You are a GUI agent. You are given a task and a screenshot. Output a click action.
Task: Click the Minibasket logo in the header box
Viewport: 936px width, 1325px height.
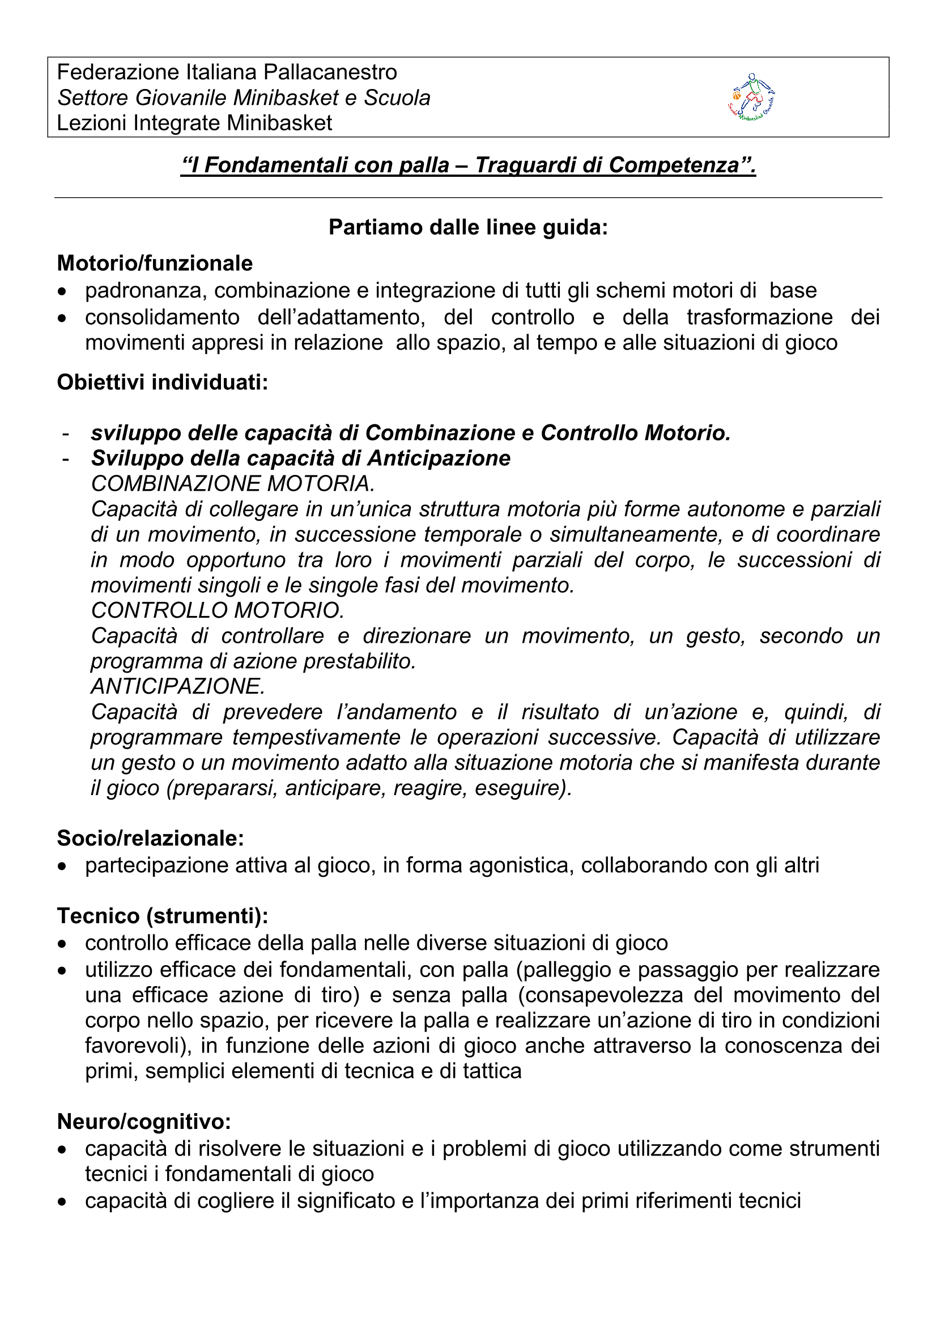tap(751, 97)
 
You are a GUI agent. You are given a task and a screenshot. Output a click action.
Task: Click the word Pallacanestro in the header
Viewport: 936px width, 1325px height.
tap(330, 72)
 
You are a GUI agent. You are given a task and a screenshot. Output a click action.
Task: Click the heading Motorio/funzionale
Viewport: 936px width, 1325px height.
tap(155, 263)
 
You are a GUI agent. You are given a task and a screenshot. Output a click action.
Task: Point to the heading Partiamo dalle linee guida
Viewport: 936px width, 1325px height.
tap(468, 227)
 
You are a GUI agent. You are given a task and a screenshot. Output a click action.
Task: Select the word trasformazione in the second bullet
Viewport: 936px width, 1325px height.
tap(759, 317)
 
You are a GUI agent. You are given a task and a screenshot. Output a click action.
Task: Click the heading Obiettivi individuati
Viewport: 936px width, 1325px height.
tap(162, 382)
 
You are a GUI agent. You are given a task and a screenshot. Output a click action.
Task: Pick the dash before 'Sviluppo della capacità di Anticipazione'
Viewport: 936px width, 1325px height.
tap(66, 459)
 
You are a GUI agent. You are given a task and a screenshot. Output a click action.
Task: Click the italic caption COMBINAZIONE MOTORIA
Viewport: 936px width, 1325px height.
tap(233, 483)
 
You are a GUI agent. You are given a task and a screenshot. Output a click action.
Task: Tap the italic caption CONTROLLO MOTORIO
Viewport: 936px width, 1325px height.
tap(218, 610)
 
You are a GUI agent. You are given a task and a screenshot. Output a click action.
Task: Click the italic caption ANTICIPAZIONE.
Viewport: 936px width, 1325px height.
tap(178, 687)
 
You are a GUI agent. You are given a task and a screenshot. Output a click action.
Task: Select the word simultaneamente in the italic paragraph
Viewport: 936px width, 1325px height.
tap(635, 534)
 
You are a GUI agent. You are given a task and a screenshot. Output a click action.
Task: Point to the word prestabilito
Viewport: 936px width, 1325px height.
tap(360, 661)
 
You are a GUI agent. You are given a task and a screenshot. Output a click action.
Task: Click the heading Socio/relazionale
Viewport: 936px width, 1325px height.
tap(150, 839)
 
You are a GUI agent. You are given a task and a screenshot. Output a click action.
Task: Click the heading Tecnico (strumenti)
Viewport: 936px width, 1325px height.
tap(162, 916)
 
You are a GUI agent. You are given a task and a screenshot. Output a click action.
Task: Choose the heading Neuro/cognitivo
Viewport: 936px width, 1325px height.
tap(144, 1122)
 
